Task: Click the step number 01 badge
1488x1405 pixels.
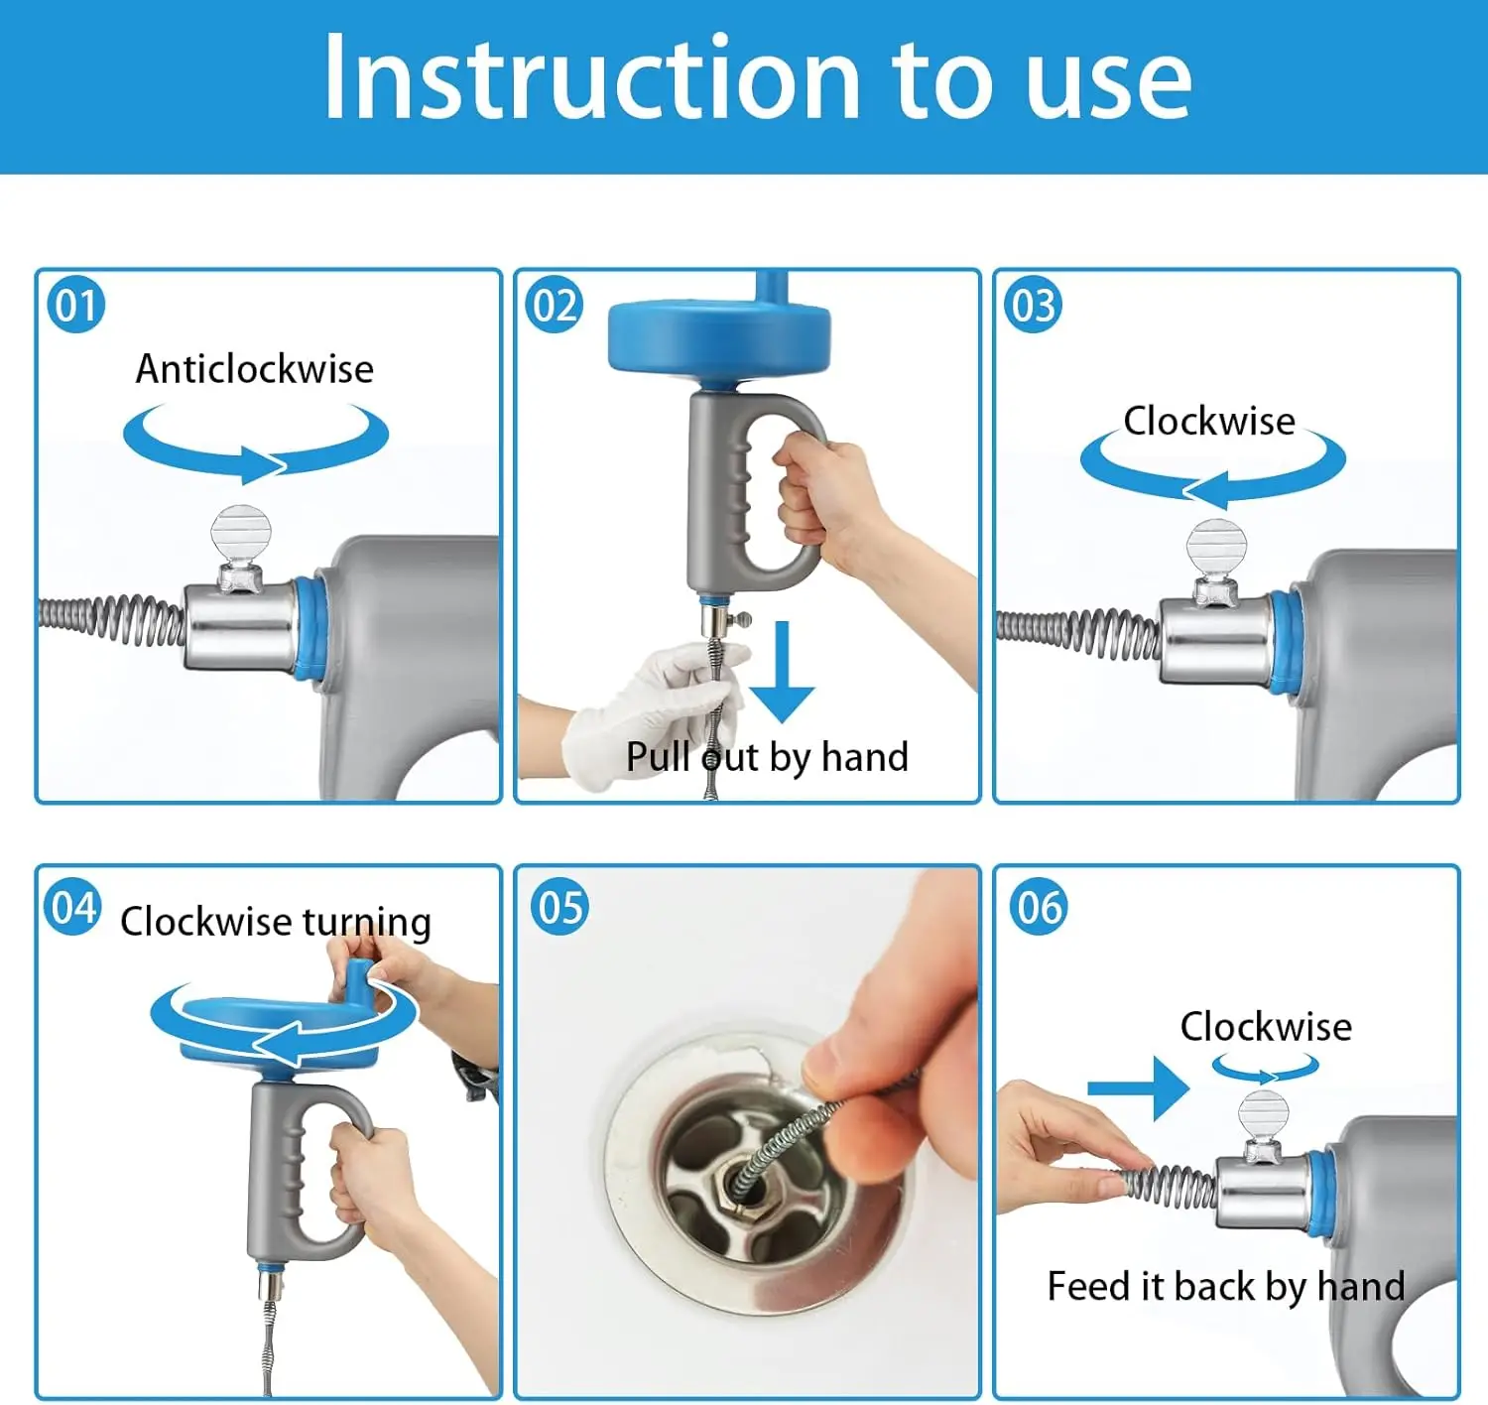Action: [75, 305]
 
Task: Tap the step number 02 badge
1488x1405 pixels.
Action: [555, 305]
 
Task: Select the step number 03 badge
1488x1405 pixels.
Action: [1034, 305]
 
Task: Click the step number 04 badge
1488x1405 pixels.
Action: [72, 907]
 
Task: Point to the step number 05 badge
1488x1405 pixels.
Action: [558, 907]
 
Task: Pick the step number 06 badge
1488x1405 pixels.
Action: [1038, 907]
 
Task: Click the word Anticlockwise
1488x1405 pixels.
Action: [255, 369]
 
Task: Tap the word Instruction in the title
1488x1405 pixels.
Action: [592, 77]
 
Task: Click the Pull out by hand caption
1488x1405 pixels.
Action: [767, 756]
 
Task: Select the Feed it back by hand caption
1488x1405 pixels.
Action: [1226, 1287]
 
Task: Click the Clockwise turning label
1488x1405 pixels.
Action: [276, 922]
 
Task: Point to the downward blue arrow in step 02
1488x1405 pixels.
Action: [782, 672]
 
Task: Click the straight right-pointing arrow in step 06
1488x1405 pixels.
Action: [1138, 1087]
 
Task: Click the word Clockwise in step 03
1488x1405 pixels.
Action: [1209, 421]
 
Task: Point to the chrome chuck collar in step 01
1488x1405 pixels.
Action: [240, 627]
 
